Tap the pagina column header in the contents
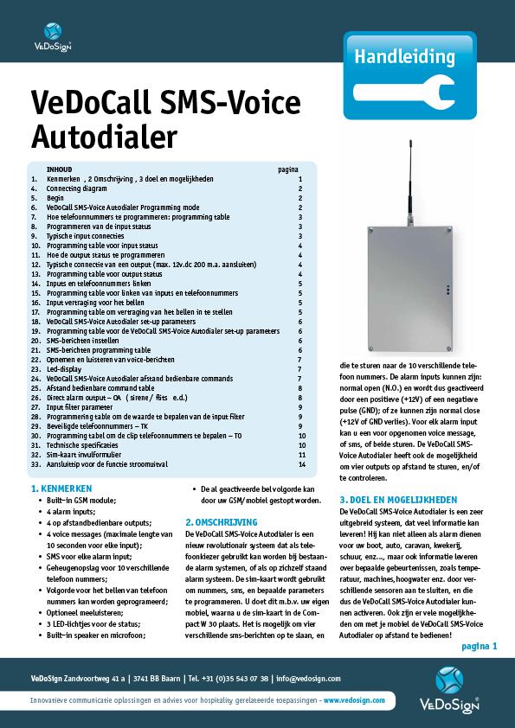[287, 170]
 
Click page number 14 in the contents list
[299, 464]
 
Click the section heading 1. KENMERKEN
[61, 489]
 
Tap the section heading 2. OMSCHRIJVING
[222, 522]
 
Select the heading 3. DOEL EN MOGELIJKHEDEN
[399, 499]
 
